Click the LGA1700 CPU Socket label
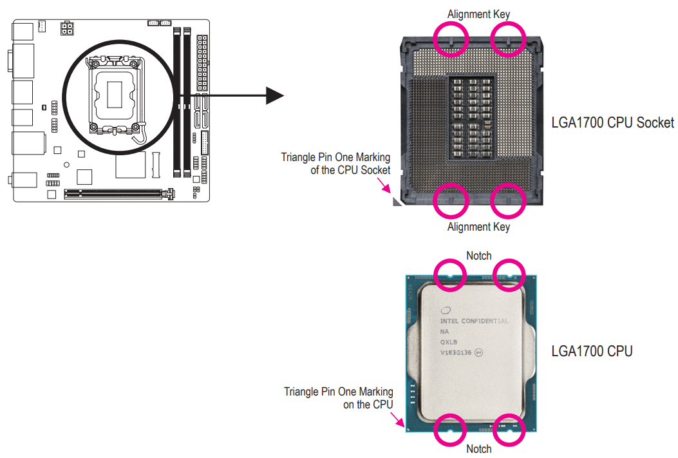point(612,122)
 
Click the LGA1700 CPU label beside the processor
point(592,351)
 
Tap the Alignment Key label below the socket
point(478,227)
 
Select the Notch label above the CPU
point(478,256)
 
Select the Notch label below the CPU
point(478,449)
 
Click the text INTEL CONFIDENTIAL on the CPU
point(474,321)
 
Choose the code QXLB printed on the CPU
point(449,342)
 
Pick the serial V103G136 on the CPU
point(456,353)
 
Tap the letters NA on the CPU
point(445,331)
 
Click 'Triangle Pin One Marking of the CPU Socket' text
point(335,164)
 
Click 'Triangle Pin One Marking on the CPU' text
point(339,398)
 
